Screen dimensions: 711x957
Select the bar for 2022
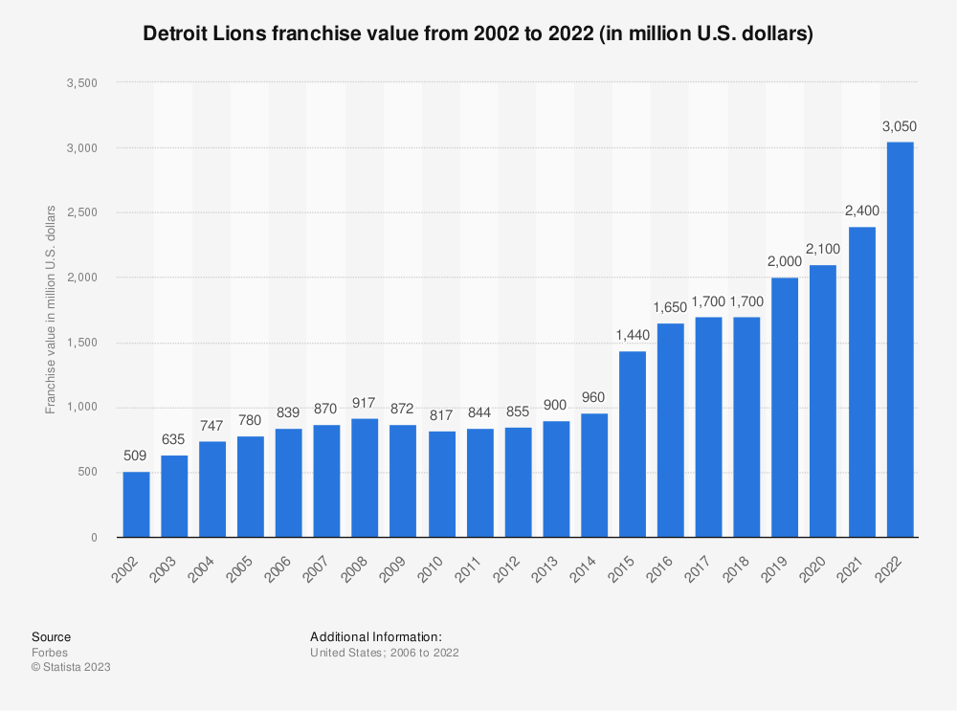(900, 340)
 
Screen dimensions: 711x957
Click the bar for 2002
(136, 504)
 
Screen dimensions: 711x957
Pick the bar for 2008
(366, 478)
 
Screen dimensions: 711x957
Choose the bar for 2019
(785, 408)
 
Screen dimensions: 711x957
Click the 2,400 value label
(862, 211)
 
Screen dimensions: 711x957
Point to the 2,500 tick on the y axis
(82, 212)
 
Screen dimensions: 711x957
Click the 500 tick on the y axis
(88, 473)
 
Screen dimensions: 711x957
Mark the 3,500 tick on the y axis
(82, 83)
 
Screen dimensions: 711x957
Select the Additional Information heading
(376, 636)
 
